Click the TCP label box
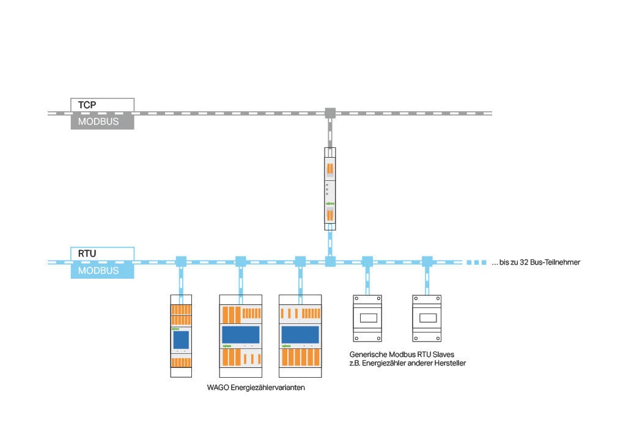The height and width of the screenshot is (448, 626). [102, 105]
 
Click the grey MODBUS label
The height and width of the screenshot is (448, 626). [102, 121]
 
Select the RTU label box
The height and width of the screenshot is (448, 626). [102, 253]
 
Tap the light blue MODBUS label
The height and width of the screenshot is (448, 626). [102, 271]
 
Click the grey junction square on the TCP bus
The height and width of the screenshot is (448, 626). [330, 112]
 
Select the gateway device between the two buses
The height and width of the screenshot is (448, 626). [330, 188]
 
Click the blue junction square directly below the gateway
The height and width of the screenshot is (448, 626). [330, 262]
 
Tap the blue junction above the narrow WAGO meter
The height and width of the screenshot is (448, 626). [180, 262]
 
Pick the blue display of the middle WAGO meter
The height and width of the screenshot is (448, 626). [240, 335]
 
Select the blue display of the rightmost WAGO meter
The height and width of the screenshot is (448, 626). [300, 335]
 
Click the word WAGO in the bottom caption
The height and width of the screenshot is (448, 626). [219, 387]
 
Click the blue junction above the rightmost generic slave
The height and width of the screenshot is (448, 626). [427, 262]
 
